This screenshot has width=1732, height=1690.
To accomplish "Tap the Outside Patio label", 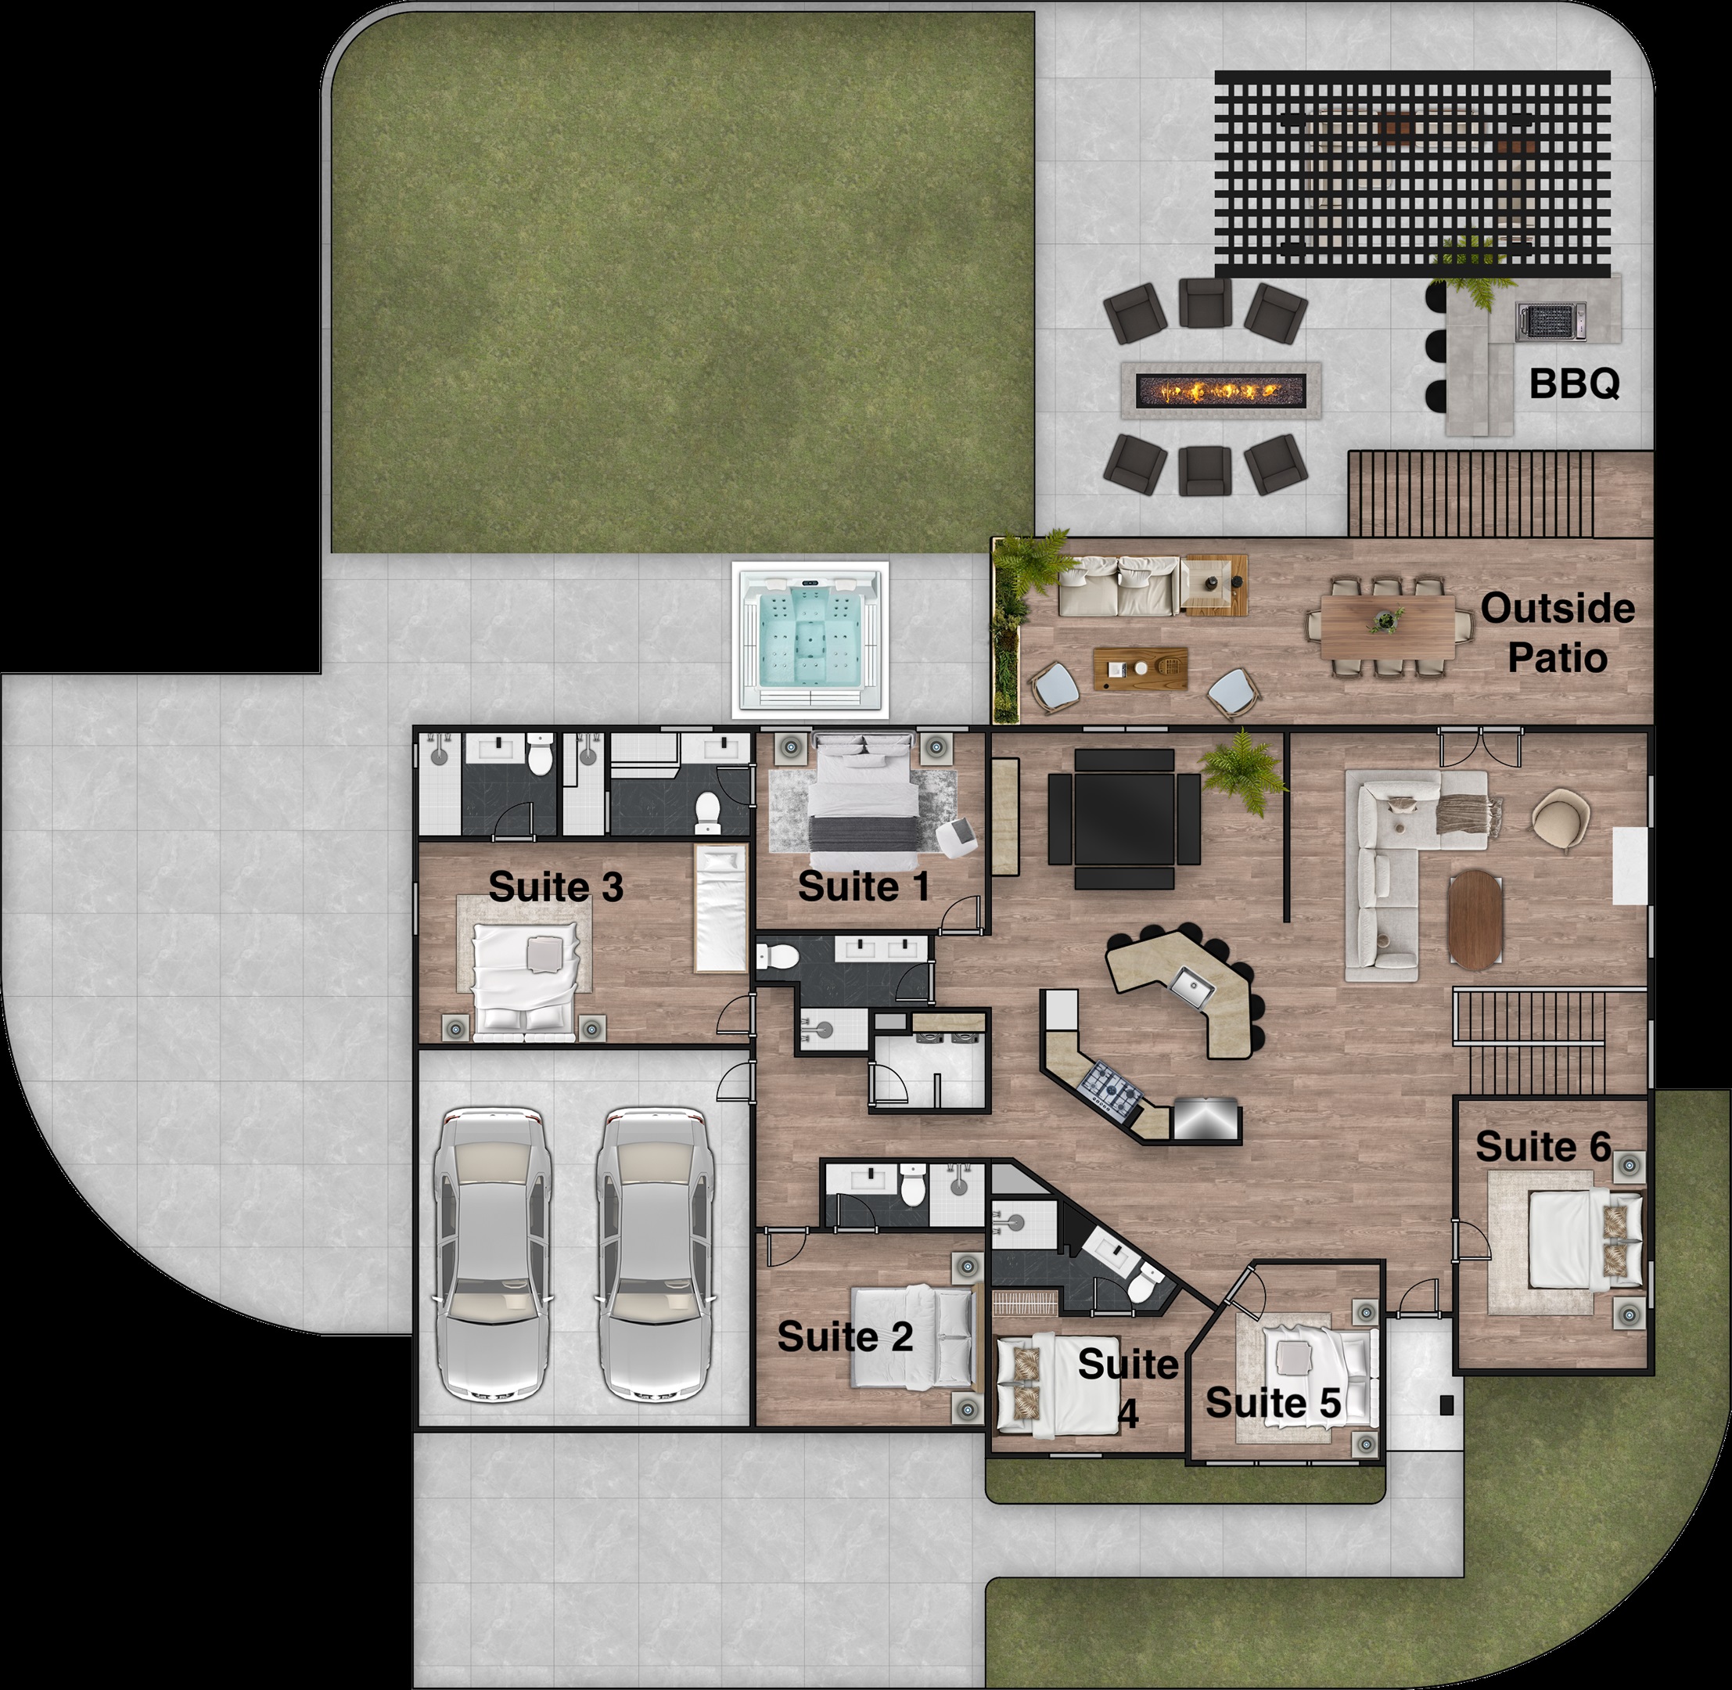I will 1558,633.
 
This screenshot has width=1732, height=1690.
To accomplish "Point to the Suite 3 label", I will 555,886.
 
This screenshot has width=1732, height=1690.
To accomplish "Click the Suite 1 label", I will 864,886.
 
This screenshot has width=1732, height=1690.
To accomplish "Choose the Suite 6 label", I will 1542,1146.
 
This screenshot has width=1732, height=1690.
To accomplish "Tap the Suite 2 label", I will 845,1336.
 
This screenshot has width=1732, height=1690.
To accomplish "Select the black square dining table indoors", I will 1124,818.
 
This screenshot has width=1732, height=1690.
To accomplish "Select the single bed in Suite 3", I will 720,908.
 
